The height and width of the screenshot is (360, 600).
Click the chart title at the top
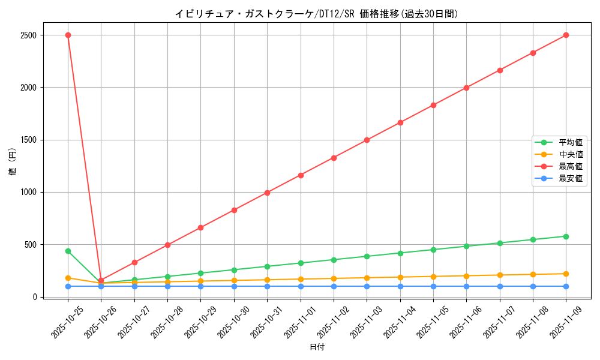pos(316,14)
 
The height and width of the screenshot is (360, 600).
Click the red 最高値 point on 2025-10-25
pos(68,35)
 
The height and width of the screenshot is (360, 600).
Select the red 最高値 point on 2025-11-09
pos(566,35)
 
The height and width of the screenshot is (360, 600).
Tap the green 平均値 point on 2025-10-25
pos(68,251)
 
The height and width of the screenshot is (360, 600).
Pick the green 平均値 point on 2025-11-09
pos(566,236)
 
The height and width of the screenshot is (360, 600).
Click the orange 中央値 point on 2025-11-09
pos(566,274)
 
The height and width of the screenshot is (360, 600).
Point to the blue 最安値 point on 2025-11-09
pos(566,286)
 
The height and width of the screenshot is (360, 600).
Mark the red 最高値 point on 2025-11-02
pos(334,158)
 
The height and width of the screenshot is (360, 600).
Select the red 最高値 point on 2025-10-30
pos(234,210)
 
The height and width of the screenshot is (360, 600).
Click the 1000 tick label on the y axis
pos(28,192)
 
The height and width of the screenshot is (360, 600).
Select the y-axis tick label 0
pos(36,297)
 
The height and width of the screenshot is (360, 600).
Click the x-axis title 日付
pos(317,347)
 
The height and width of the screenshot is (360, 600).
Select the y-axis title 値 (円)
pos(13,162)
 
